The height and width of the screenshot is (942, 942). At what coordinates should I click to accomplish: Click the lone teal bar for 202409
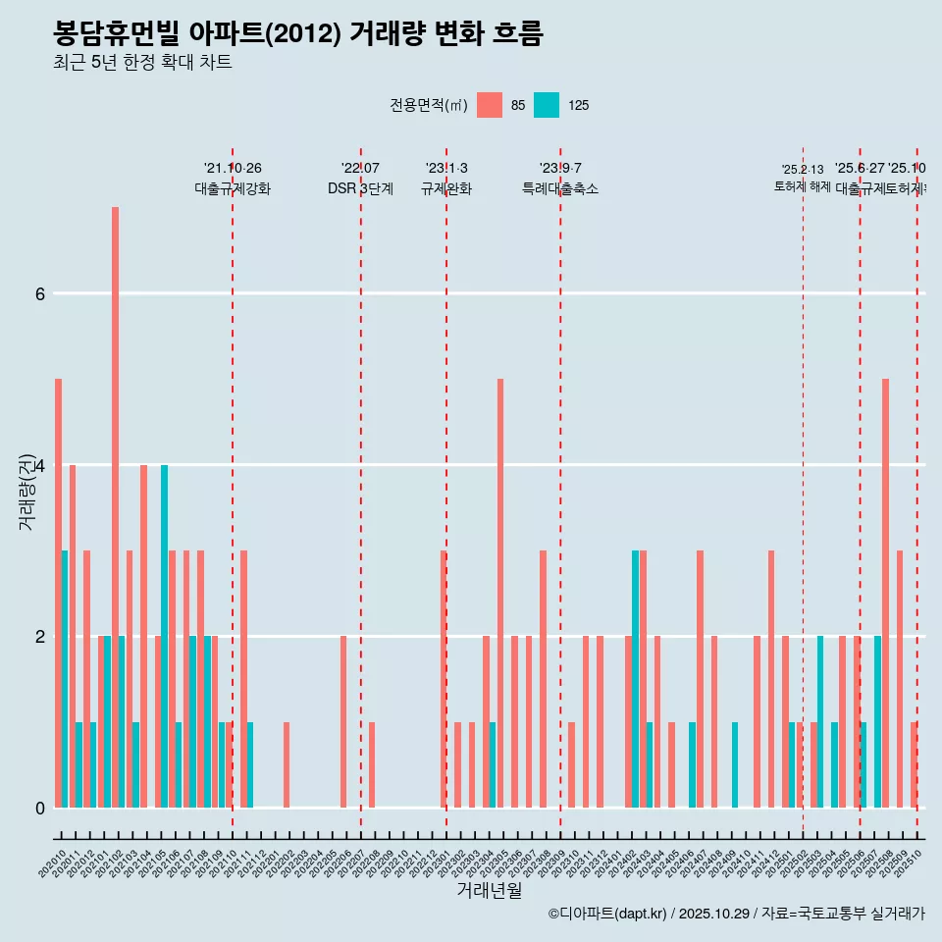(x=735, y=765)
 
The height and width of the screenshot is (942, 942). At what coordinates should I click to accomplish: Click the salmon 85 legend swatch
(x=489, y=105)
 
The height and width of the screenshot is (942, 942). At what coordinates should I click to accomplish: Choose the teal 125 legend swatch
(x=547, y=105)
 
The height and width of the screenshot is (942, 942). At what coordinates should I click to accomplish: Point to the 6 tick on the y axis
(x=39, y=293)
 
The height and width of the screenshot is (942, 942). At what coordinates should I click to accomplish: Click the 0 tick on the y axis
(x=39, y=808)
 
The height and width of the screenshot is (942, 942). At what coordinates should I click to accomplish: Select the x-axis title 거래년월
(x=489, y=890)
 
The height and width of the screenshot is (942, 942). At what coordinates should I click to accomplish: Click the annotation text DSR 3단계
(x=360, y=189)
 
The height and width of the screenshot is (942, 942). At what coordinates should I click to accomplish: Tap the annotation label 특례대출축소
(x=559, y=189)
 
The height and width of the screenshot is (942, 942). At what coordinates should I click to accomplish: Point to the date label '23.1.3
(x=446, y=168)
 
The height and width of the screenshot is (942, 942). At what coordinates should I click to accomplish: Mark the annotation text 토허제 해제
(x=802, y=186)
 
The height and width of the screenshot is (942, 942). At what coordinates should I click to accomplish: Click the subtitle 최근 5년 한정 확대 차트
(x=142, y=63)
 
